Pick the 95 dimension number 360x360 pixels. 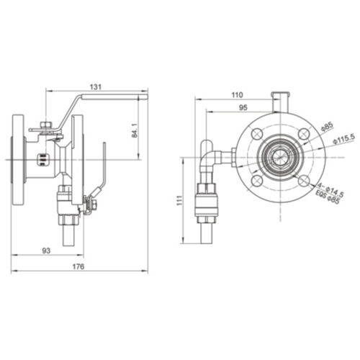243,108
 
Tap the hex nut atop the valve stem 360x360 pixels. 45,126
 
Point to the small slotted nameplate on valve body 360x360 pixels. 42,156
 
